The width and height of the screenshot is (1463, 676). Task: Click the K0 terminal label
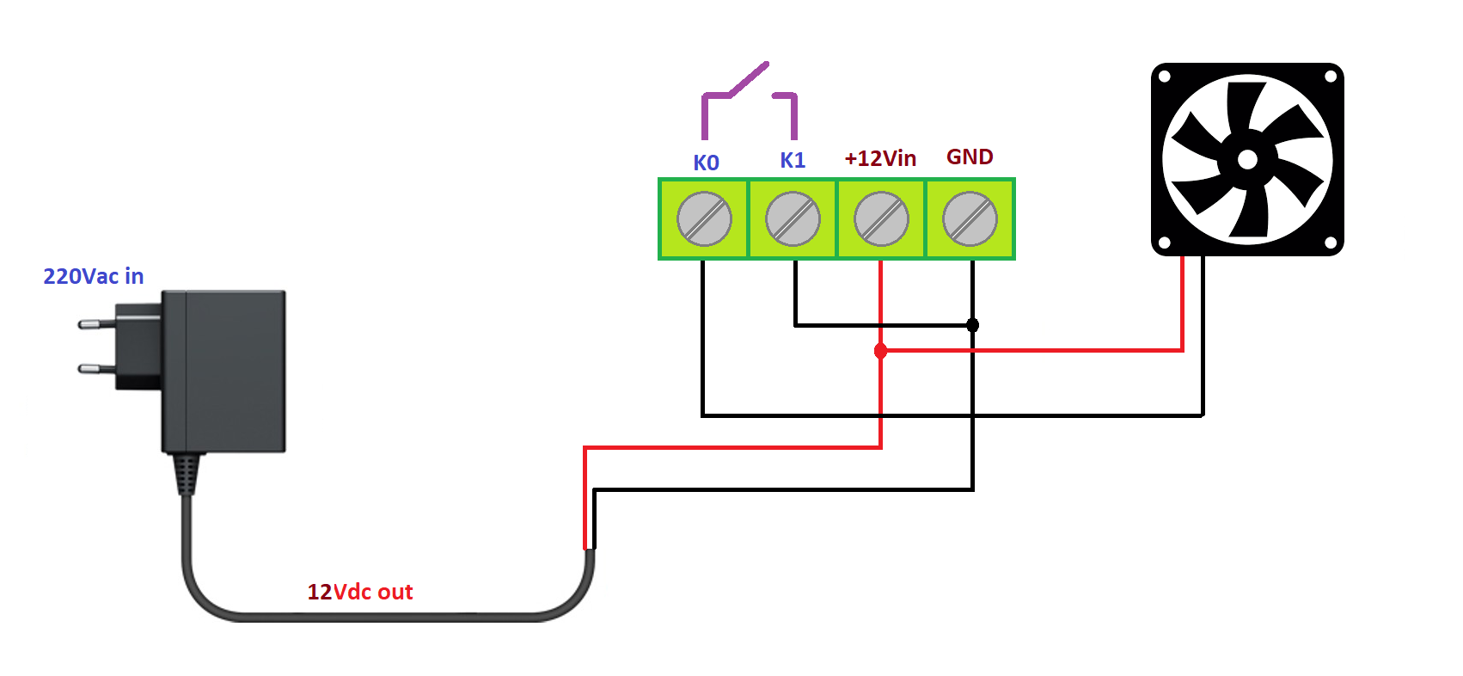[x=706, y=163]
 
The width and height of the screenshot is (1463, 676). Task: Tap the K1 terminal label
[x=793, y=161]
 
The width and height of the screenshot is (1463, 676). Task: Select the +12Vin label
[x=880, y=158]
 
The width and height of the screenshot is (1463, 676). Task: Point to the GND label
[x=970, y=157]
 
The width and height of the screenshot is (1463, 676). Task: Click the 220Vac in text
[x=93, y=276]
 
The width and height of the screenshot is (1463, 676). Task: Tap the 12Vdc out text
[x=360, y=592]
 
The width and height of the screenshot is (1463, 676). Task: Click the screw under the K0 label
[x=704, y=219]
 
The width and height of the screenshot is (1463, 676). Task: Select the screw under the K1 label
[x=793, y=219]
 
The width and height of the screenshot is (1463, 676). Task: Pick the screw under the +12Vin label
[x=881, y=219]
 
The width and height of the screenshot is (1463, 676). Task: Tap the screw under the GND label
[x=970, y=219]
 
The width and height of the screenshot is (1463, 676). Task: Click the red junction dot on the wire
[x=880, y=351]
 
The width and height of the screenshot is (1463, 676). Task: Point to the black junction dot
[x=972, y=325]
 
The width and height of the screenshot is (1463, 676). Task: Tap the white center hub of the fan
[x=1247, y=159]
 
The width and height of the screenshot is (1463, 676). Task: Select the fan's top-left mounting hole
[x=1165, y=77]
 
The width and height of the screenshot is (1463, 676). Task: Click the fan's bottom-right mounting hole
[x=1330, y=243]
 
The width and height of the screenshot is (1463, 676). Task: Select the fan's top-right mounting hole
[x=1330, y=77]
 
